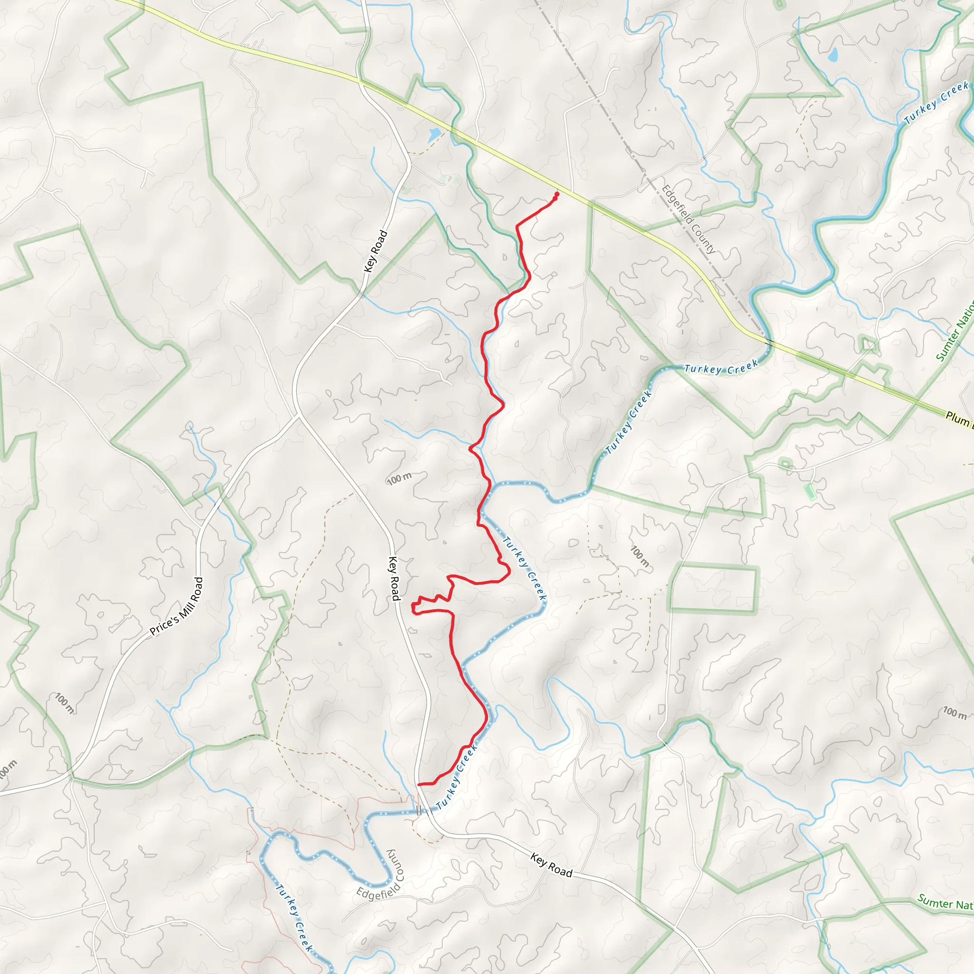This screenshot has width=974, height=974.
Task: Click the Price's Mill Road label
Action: (176, 606)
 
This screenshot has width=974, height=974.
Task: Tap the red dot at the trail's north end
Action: (556, 194)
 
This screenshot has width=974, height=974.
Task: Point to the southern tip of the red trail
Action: (419, 784)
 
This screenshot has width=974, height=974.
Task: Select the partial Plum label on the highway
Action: (958, 419)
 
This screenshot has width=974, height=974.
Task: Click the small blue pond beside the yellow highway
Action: (434, 135)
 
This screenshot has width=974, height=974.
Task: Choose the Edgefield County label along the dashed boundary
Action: (688, 219)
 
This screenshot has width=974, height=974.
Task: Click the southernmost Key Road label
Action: (551, 865)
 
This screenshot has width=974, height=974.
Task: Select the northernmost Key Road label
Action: (376, 251)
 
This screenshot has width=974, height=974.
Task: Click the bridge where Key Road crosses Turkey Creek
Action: (419, 811)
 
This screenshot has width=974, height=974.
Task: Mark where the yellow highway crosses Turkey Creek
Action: (769, 343)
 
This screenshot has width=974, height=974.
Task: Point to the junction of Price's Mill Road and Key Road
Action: (297, 416)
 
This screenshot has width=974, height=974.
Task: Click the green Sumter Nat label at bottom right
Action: (945, 902)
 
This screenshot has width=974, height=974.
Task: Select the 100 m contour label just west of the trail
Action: (399, 478)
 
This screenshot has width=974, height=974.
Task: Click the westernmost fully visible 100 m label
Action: (65, 703)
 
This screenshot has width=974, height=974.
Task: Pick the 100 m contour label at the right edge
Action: (955, 712)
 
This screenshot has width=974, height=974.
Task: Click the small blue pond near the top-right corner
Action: (833, 54)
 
